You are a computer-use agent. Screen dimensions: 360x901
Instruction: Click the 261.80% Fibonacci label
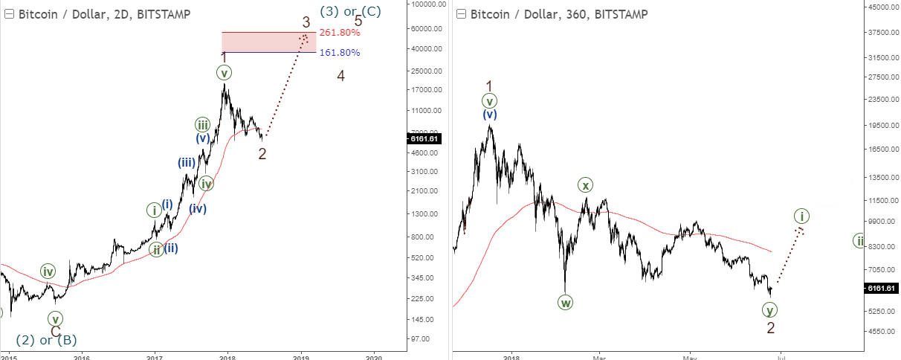pos(340,33)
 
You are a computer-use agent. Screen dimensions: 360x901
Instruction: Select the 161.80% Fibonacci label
pos(340,53)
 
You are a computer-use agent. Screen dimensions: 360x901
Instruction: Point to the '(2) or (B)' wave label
pos(47,340)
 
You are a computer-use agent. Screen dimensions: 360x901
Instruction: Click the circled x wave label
pos(586,185)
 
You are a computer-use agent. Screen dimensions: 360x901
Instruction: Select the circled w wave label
pos(566,302)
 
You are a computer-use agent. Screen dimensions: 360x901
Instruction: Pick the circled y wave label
pos(770,309)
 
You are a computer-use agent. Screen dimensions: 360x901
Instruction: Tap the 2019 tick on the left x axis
pos(300,355)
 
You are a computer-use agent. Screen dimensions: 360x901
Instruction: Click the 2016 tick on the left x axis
pos(82,355)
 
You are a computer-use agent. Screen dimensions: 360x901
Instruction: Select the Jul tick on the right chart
pos(780,355)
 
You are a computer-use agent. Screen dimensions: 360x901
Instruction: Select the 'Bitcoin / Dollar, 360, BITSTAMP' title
pos(558,14)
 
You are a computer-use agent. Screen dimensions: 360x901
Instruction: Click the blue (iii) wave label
pos(186,163)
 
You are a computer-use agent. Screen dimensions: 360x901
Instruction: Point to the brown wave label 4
pos(340,76)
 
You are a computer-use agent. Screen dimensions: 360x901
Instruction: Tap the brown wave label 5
pos(358,21)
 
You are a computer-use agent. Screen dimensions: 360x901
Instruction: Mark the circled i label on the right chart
pos(801,216)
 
